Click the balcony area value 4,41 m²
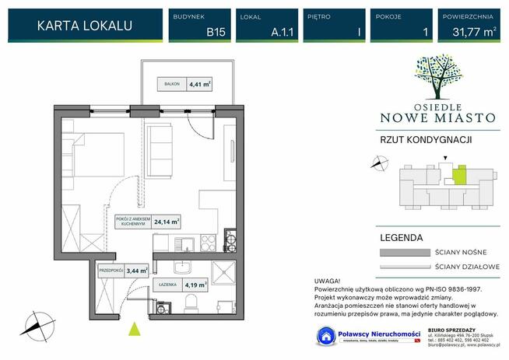199,86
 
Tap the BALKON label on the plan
170,86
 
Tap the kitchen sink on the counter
184,244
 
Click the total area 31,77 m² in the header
468,33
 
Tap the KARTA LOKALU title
84,26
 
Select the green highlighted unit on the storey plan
459,175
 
